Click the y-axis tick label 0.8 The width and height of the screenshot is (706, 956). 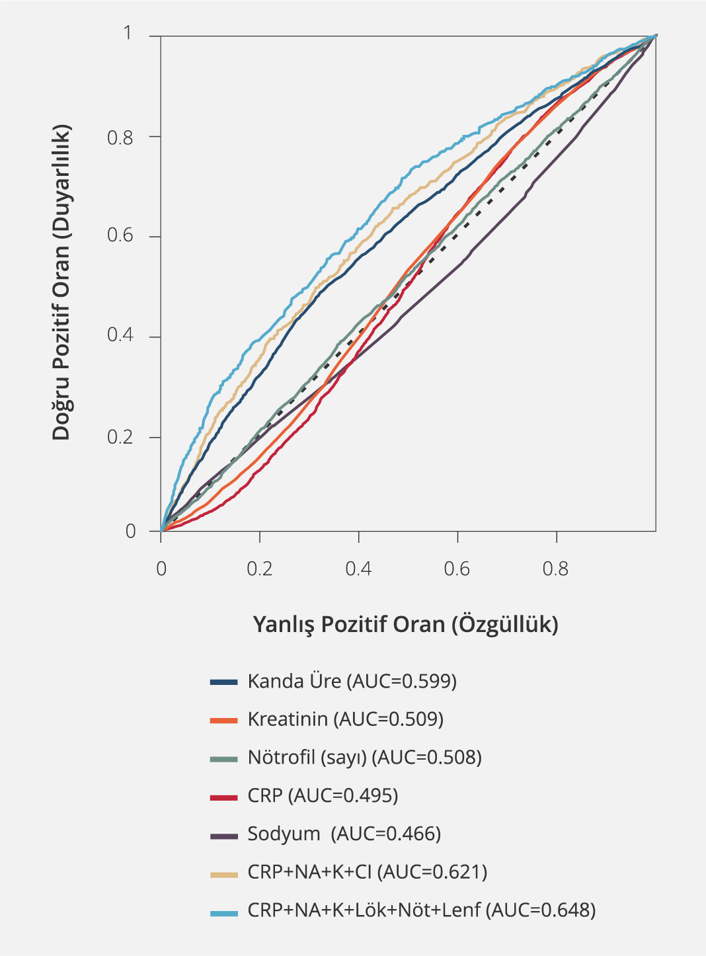[120, 138]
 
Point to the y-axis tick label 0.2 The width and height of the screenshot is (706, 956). [120, 437]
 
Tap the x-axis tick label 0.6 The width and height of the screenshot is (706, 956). [457, 569]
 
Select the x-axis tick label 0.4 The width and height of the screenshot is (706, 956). [358, 569]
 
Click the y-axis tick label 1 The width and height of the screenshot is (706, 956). [128, 33]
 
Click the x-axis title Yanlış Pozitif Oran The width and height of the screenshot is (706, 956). [405, 624]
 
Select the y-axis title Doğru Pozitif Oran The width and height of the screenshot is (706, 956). [61, 282]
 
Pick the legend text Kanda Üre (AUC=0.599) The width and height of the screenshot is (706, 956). [352, 681]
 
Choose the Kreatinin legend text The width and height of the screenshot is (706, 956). [345, 719]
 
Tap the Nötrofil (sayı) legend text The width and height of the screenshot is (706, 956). [364, 757]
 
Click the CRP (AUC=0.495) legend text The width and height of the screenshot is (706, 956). [323, 795]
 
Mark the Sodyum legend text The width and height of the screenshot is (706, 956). [344, 834]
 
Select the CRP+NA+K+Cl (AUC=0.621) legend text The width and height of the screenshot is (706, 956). [367, 872]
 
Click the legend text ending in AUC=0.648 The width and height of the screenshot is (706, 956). [421, 910]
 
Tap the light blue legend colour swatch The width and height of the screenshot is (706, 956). [223, 913]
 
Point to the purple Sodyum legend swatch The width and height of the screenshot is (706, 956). [223, 836]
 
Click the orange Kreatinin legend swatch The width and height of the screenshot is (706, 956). [223, 721]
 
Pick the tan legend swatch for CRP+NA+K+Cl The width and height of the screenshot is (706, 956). [223, 875]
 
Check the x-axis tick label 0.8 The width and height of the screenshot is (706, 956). [555, 569]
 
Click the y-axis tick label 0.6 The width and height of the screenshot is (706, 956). [120, 235]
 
